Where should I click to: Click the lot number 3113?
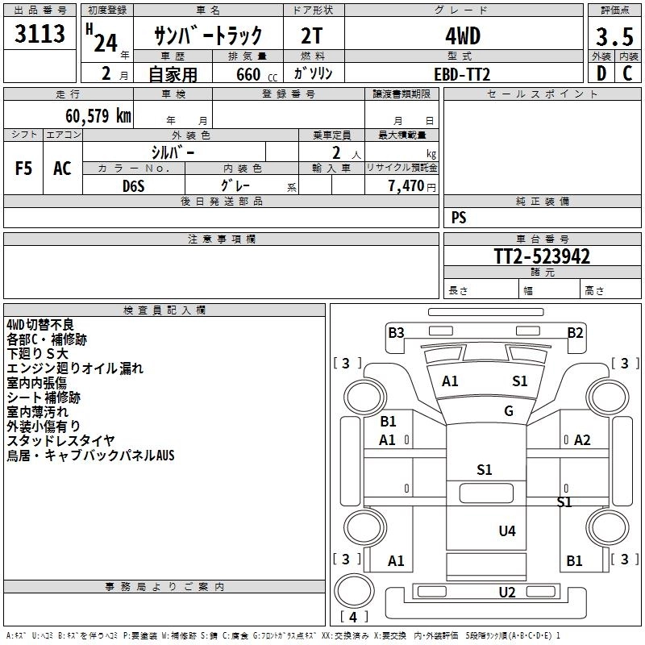pyautogui.click(x=40, y=35)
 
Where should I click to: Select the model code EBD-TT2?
pyautogui.click(x=462, y=74)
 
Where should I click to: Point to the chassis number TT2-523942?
pyautogui.click(x=542, y=257)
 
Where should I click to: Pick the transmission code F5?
pyautogui.click(x=24, y=168)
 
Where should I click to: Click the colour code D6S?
pyautogui.click(x=134, y=185)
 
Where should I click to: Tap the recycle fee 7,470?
pyautogui.click(x=406, y=186)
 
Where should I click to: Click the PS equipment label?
pyautogui.click(x=459, y=218)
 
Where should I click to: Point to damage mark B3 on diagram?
pyautogui.click(x=396, y=332)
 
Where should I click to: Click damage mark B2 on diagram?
pyautogui.click(x=575, y=332)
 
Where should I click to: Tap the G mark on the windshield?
pyautogui.click(x=509, y=411)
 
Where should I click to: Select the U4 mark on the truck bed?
pyautogui.click(x=507, y=531)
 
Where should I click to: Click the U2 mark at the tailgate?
pyautogui.click(x=507, y=593)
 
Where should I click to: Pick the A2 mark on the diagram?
pyautogui.click(x=582, y=439)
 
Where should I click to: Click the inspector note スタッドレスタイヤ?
pyautogui.click(x=60, y=441)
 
